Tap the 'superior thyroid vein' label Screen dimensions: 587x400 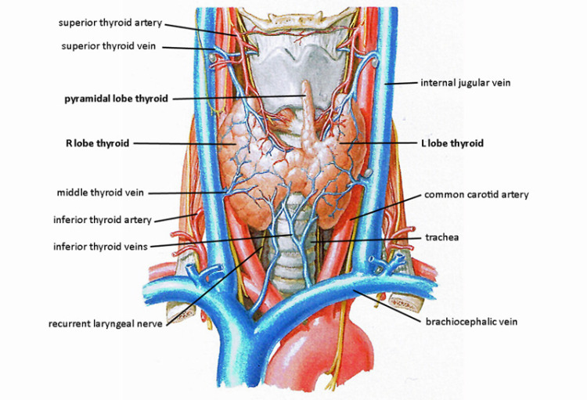pos(109,46)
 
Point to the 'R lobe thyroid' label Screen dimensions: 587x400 pos(96,143)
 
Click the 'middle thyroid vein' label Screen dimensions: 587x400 pos(100,193)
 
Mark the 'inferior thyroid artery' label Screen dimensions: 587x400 pos(103,220)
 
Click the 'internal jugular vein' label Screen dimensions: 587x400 pos(466,82)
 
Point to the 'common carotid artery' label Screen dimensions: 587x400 pos(477,194)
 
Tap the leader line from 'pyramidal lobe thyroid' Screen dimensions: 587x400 pos(235,98)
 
